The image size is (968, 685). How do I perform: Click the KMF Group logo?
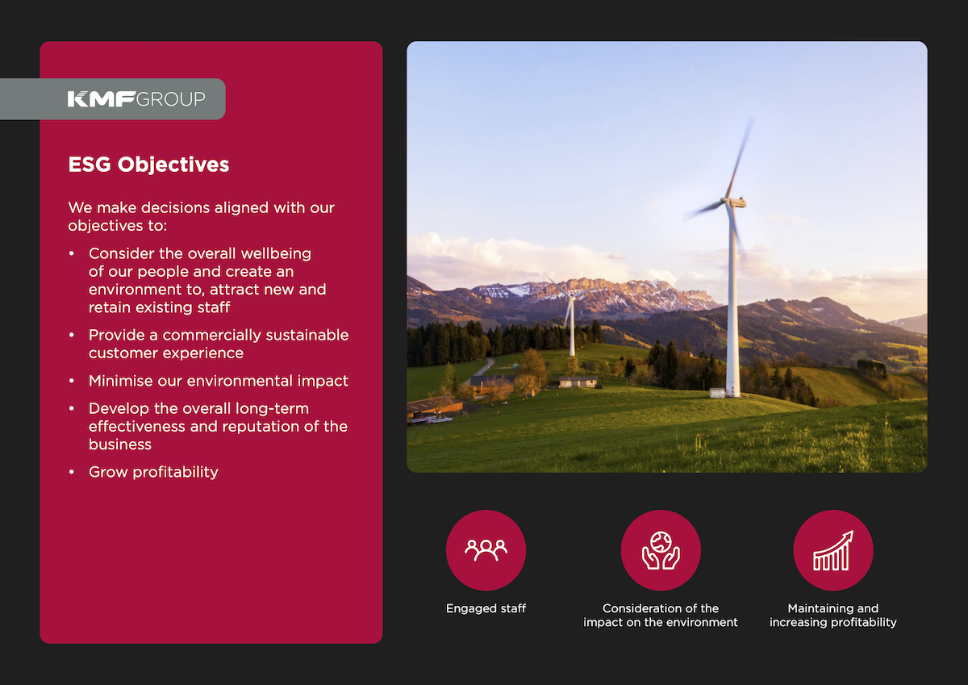136,99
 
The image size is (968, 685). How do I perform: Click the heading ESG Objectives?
148,165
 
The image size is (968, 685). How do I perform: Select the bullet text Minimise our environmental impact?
218,380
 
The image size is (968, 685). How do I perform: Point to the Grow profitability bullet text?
153,472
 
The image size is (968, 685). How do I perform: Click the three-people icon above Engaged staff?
486,549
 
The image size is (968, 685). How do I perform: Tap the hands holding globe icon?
661,550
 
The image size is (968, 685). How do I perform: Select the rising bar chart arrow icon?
833,550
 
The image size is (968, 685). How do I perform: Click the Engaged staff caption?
486,608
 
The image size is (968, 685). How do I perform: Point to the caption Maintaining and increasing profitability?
833,615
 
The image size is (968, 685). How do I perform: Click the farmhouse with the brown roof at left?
436,407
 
